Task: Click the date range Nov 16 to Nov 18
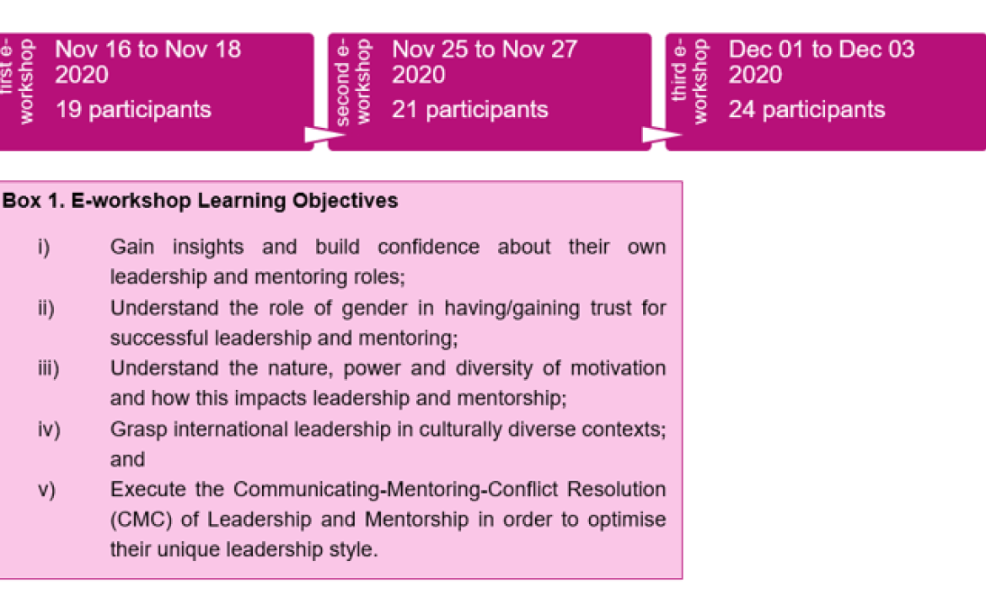[x=148, y=50]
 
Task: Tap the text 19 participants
[x=133, y=110]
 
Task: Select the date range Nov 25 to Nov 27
[x=485, y=50]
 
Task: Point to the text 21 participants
[x=469, y=110]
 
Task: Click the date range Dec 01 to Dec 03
[x=821, y=50]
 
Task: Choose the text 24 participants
[x=806, y=110]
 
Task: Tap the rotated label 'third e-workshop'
[x=690, y=82]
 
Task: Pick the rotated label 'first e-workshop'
[x=17, y=82]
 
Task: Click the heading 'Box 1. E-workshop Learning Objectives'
[x=201, y=201]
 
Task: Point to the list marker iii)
[x=48, y=369]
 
